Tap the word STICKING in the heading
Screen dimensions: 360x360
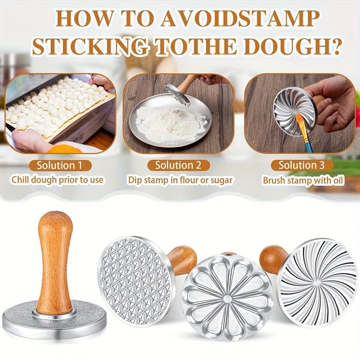point(90,46)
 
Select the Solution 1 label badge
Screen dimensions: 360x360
point(61,166)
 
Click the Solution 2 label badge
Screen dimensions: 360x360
point(178,166)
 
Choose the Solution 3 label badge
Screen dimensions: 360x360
point(302,166)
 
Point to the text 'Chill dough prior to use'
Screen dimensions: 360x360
point(58,180)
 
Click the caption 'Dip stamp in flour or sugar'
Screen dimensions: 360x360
point(180,180)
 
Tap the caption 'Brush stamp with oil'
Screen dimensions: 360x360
point(303,181)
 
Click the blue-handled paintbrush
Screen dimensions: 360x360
point(305,133)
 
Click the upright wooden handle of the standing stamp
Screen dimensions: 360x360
point(55,262)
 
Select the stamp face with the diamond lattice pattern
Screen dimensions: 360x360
point(135,281)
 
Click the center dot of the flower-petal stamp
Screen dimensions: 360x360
point(227,298)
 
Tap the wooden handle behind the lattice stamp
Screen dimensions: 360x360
point(182,260)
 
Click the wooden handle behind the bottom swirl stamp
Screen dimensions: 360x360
point(272,259)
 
